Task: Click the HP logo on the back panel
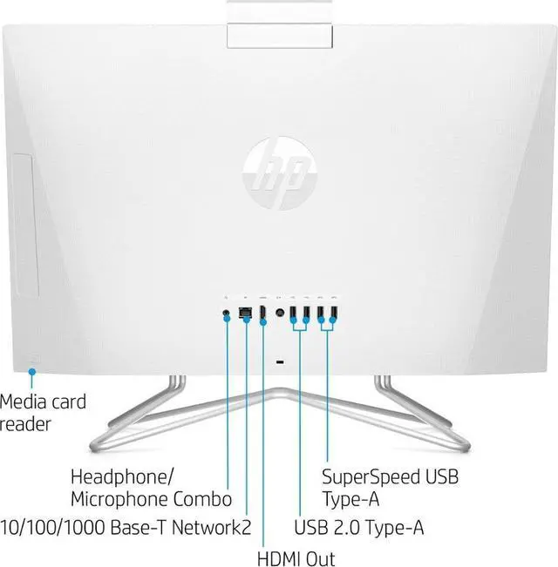278,165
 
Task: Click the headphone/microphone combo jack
228,312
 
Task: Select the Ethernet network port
245,313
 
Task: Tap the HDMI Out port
262,312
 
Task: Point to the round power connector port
280,312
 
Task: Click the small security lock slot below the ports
279,361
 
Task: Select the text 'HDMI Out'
296,557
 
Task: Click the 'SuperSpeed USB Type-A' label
390,488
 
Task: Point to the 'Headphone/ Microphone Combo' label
151,488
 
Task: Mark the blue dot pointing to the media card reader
31,372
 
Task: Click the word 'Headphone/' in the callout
122,476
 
